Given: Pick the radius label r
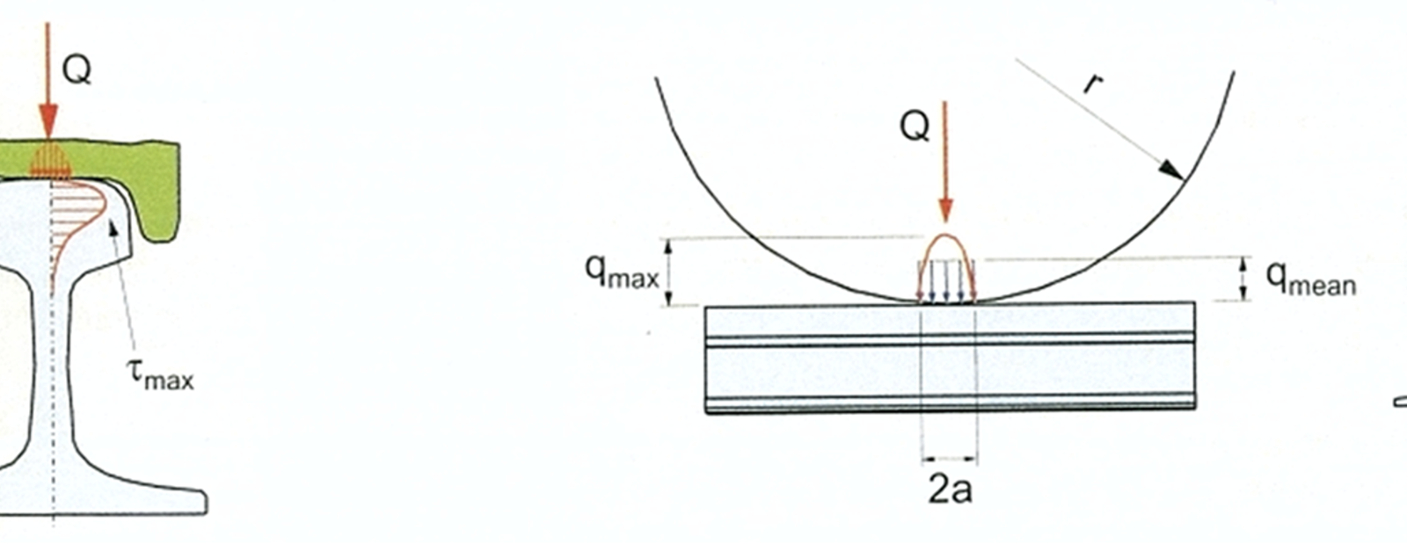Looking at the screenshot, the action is tap(1094, 83).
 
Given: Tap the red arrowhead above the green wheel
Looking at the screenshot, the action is tap(48, 122).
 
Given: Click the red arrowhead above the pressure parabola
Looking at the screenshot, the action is tap(945, 211).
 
